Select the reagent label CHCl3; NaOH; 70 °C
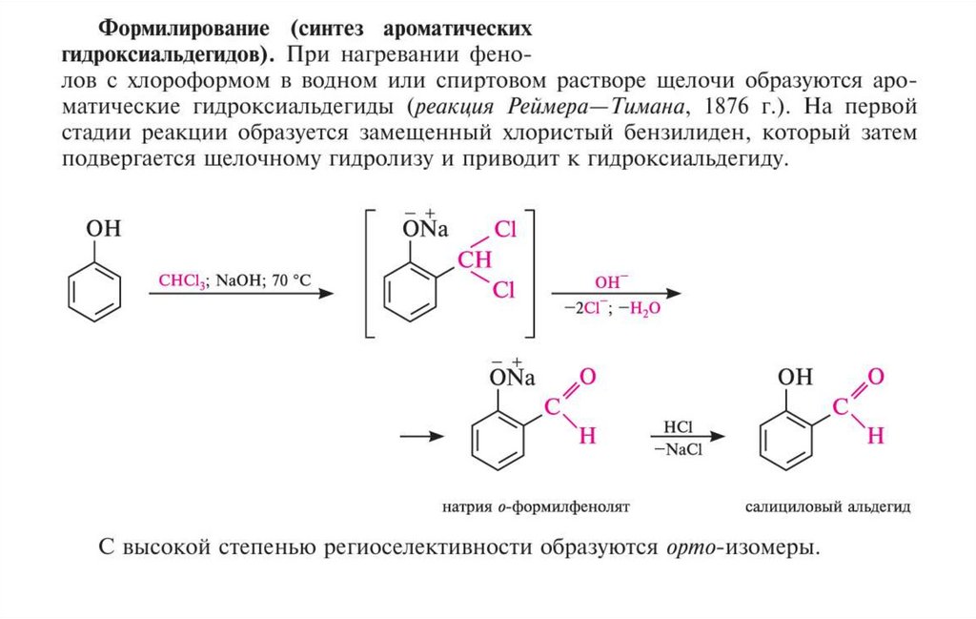[x=234, y=280]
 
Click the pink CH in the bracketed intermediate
[x=475, y=258]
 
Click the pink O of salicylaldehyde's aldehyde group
[x=876, y=376]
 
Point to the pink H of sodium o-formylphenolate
[x=587, y=437]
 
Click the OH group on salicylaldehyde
[x=796, y=377]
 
